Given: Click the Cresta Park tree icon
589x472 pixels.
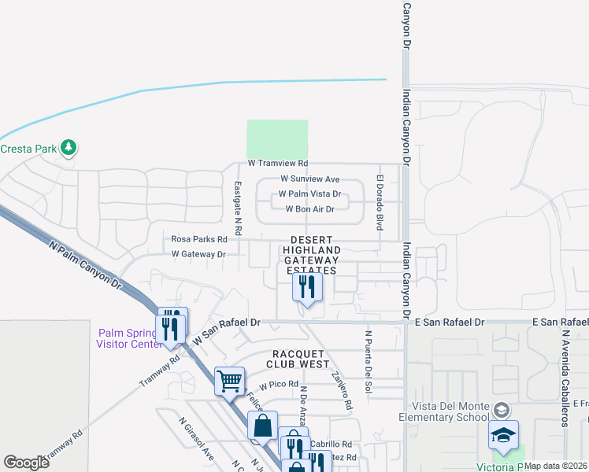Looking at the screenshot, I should (x=69, y=147).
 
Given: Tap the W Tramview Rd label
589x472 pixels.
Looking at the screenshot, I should (x=277, y=164).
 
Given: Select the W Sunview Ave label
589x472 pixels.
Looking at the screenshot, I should (x=309, y=179).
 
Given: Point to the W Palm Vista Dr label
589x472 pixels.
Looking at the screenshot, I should (x=309, y=194).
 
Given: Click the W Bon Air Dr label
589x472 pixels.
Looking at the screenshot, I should (x=309, y=209).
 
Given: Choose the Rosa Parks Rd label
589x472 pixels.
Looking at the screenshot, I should (x=199, y=239).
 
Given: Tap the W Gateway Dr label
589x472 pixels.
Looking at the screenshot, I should (x=198, y=254).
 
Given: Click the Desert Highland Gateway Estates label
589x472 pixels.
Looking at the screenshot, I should (x=311, y=255).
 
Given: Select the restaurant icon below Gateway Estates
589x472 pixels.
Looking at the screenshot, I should (x=308, y=286).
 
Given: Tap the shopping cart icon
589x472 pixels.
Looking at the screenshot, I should (x=230, y=381).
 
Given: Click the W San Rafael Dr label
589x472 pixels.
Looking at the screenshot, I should (x=227, y=331).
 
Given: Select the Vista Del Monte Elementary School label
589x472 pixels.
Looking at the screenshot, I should (x=443, y=410).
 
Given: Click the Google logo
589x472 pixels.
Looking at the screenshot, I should (x=26, y=463).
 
